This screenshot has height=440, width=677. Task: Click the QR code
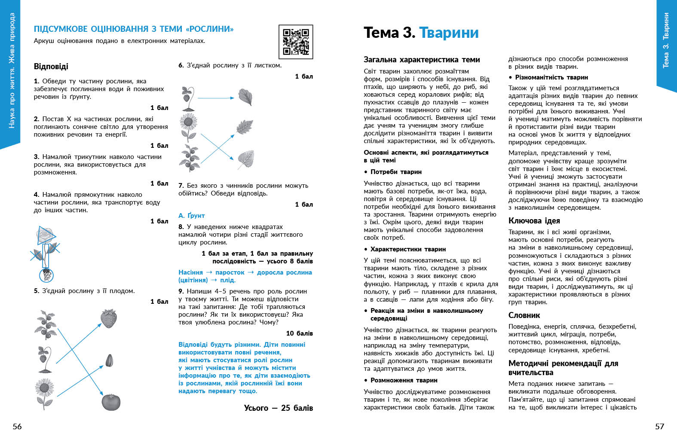296,42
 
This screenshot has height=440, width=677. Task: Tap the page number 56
17,426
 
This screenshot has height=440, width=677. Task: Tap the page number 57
659,426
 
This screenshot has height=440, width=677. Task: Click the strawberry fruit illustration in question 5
109,319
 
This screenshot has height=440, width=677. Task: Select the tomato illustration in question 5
111,401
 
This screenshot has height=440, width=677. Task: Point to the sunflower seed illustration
109,360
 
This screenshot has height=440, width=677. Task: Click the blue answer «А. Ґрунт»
192,215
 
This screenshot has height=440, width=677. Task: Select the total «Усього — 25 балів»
278,408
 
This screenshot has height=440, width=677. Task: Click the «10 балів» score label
299,333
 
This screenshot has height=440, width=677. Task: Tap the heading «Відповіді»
51,67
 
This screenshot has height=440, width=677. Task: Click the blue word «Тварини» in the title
448,33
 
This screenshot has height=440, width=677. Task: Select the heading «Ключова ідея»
534,221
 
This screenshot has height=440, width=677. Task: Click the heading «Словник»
524,315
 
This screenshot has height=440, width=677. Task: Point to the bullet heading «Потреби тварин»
395,172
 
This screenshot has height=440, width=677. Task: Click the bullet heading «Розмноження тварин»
404,380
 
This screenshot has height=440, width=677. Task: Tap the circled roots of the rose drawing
46,274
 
